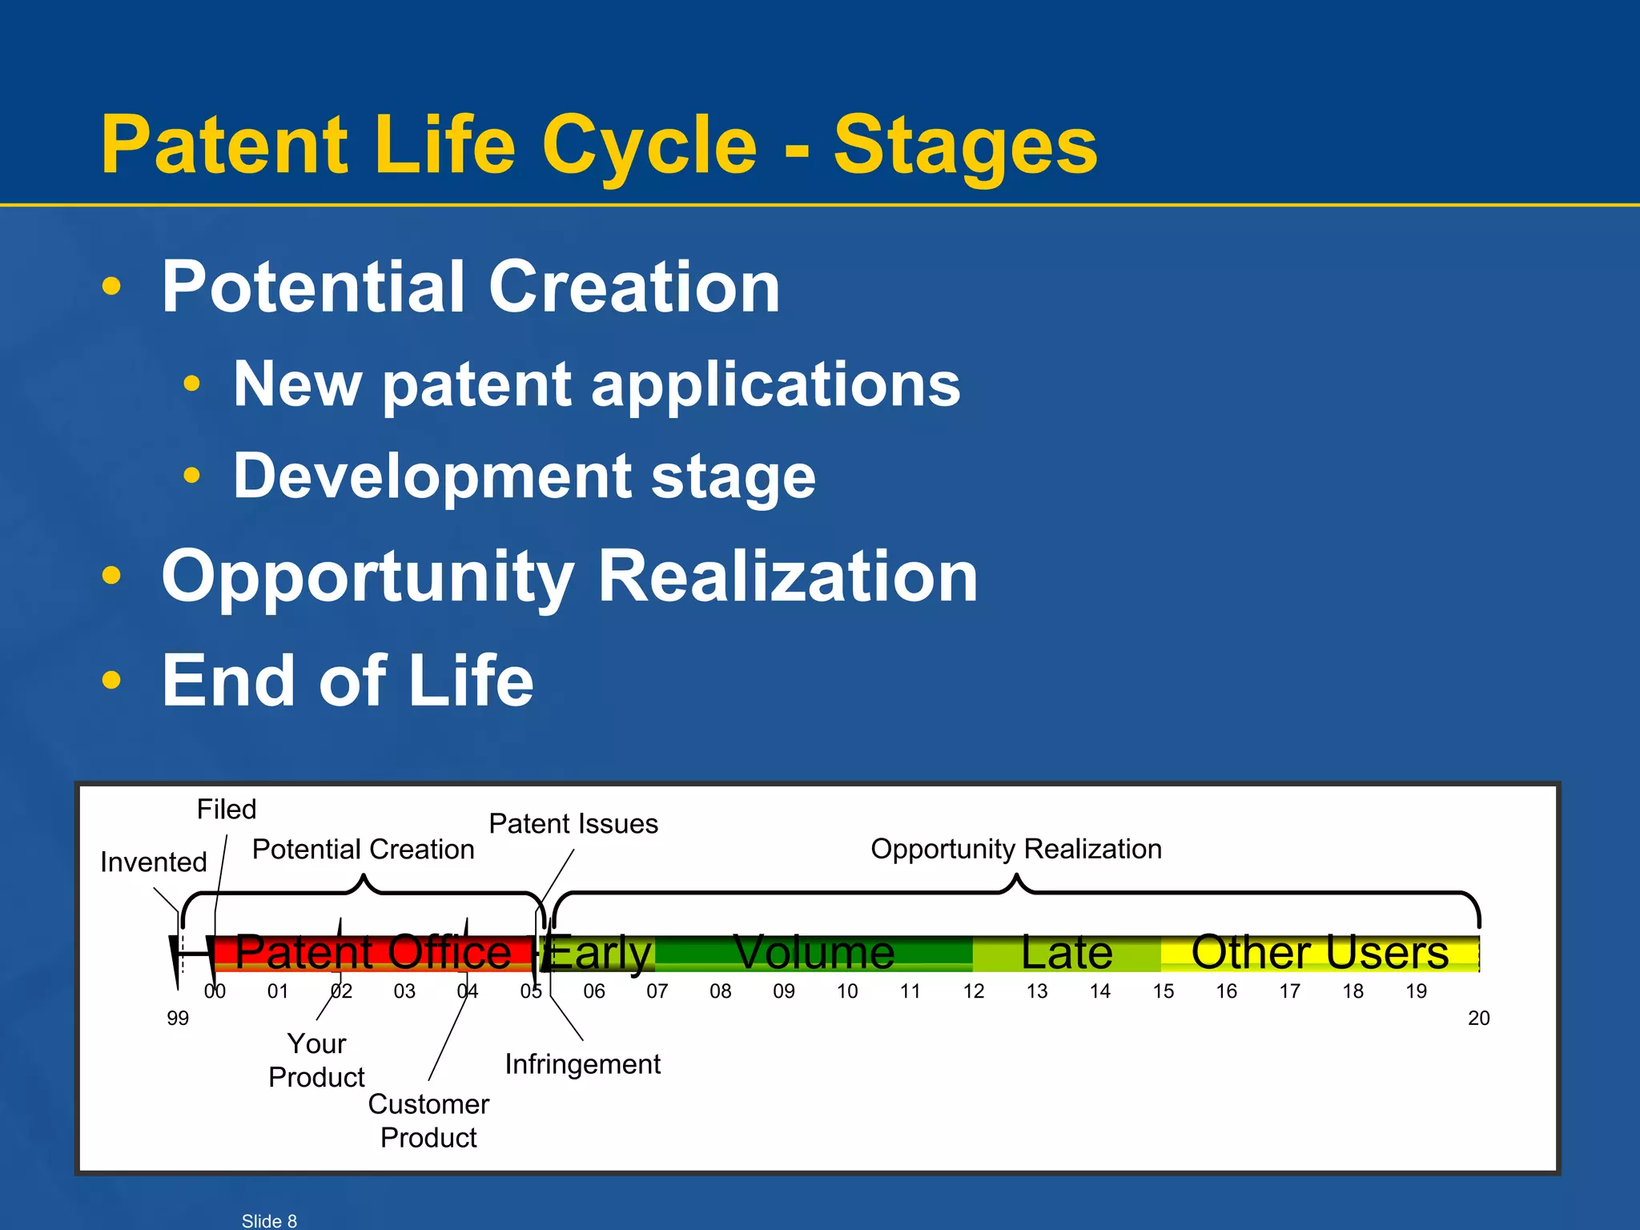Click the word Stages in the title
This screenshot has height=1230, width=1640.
[x=965, y=146]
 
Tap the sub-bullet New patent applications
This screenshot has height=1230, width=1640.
[x=597, y=384]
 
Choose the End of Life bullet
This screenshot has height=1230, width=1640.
[x=348, y=681]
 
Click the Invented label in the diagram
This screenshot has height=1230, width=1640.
[x=154, y=862]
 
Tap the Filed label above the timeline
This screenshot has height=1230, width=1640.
[x=227, y=810]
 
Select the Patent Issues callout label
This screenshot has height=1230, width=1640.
[x=573, y=824]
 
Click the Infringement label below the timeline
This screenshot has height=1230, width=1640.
[x=582, y=1064]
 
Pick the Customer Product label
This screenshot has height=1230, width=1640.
[x=428, y=1120]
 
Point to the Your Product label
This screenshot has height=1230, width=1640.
[x=316, y=1060]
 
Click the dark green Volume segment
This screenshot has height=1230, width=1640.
[x=814, y=953]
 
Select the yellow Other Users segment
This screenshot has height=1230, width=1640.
[x=1320, y=953]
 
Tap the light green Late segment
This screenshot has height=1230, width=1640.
[x=1067, y=953]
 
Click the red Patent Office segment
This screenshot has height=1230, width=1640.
[x=373, y=953]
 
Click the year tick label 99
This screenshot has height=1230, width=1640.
[x=178, y=1019]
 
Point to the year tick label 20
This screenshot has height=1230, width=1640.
[x=1478, y=1019]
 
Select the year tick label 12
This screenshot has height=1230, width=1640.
[x=974, y=991]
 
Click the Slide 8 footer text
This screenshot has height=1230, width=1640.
[x=269, y=1220]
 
